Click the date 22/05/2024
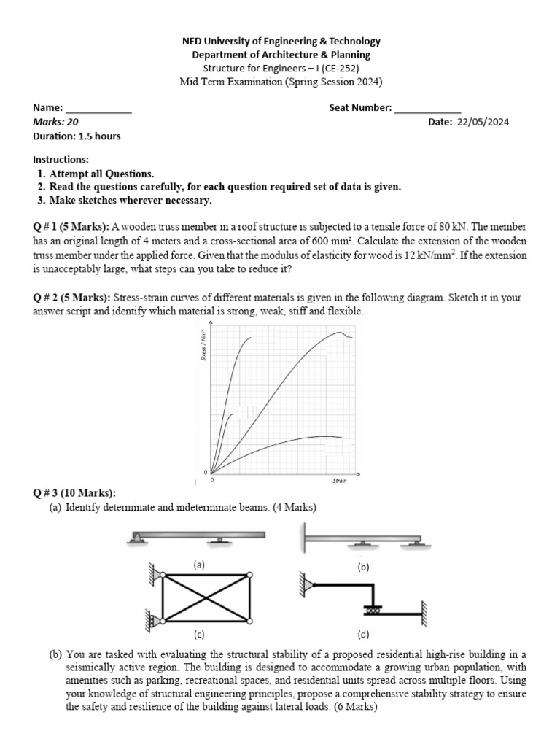483,123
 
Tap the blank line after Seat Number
427,110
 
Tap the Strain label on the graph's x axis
340,481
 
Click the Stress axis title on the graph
203,344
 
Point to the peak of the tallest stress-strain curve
340,333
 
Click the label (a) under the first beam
199,565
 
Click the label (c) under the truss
199,634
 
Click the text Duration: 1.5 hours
77,136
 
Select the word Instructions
61,160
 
